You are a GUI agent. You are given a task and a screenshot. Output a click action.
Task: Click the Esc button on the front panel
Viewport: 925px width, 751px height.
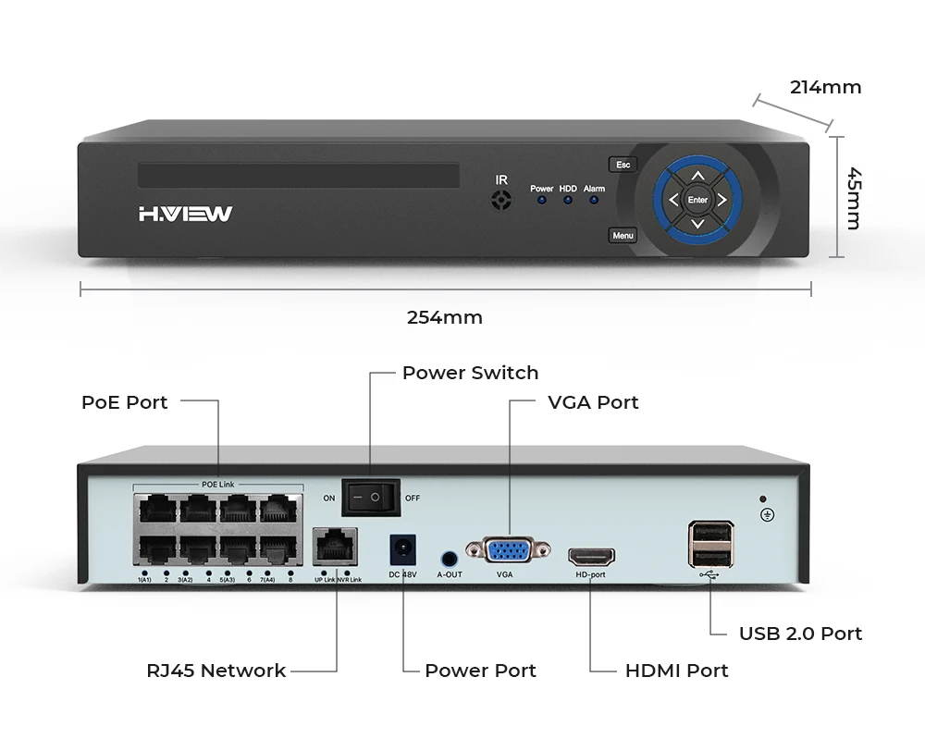pos(623,165)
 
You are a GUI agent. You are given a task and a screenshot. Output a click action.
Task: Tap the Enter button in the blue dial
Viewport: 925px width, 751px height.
pos(697,200)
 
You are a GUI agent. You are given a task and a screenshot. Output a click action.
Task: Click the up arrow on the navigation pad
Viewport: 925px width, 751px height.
pos(698,175)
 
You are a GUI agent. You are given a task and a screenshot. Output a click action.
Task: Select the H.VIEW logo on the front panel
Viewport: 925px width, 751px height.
pos(185,215)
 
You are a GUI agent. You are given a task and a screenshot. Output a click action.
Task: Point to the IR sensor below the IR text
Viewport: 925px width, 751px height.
pos(501,200)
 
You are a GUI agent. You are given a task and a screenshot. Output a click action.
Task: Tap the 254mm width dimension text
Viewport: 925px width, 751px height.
pos(445,317)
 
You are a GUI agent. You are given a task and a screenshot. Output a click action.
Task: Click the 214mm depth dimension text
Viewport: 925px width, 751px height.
pos(825,88)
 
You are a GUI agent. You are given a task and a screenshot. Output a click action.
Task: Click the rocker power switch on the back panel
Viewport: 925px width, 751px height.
pos(371,498)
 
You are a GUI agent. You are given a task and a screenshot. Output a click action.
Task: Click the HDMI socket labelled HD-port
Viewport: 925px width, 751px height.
pos(590,557)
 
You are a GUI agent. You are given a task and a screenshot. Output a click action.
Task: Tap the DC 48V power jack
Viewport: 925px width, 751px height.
pos(402,551)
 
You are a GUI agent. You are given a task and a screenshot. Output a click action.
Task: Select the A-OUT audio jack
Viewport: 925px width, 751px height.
pos(450,559)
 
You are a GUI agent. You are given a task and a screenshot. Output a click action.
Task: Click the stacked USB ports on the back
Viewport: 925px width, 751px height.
pos(710,544)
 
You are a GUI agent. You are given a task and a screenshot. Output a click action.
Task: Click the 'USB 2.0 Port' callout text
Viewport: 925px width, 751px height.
pos(800,634)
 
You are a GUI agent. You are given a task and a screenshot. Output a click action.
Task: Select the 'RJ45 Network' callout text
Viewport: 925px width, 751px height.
pos(216,671)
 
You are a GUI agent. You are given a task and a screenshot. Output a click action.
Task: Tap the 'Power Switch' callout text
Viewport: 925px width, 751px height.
pos(470,373)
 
